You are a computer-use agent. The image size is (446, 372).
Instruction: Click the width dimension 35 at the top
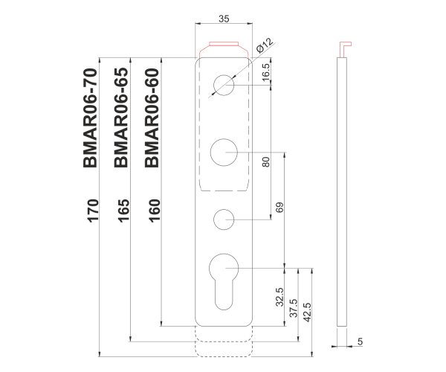click(224, 17)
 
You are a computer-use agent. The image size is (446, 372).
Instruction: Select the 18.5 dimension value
click(265, 72)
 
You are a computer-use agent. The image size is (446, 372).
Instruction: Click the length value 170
click(93, 211)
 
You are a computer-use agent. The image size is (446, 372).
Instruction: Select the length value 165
click(123, 211)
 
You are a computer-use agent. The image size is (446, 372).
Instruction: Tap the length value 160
click(155, 211)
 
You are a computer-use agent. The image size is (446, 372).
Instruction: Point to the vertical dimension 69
click(279, 209)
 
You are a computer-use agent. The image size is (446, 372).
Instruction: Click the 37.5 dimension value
click(293, 307)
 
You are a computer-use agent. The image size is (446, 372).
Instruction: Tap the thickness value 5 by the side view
click(360, 341)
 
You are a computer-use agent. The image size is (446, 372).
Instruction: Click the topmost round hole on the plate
click(223, 86)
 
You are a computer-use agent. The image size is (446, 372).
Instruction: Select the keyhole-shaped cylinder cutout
click(223, 278)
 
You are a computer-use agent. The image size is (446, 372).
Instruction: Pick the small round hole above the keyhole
click(224, 219)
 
